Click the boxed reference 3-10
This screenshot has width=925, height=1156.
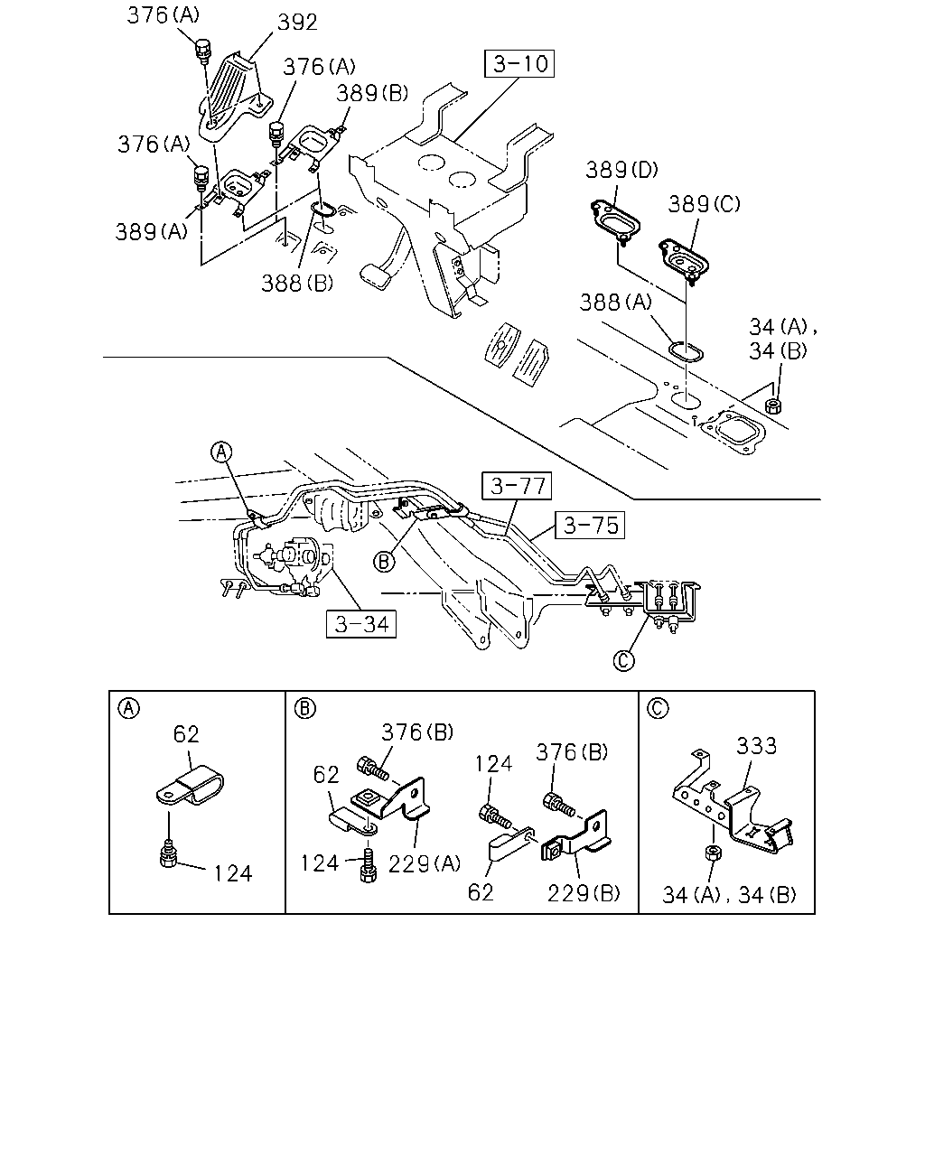click(x=519, y=64)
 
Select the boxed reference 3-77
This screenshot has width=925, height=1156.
click(x=517, y=486)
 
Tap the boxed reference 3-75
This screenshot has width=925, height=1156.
click(x=590, y=525)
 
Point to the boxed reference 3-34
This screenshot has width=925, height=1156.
click(x=361, y=624)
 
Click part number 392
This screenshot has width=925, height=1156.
click(x=297, y=23)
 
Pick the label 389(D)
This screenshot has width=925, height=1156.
click(x=621, y=171)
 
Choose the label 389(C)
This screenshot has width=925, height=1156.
click(x=704, y=204)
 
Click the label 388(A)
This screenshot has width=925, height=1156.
click(x=615, y=303)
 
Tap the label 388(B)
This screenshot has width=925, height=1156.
click(x=297, y=283)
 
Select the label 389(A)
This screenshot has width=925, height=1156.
click(x=151, y=231)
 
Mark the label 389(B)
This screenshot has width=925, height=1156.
click(x=372, y=93)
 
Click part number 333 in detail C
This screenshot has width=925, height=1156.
click(x=756, y=746)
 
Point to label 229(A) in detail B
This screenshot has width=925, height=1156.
click(x=424, y=864)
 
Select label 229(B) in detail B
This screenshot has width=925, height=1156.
click(x=584, y=893)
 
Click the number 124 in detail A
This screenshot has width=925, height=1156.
click(x=233, y=874)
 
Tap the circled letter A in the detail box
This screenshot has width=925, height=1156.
click(x=128, y=709)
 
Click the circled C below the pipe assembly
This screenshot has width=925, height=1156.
click(x=623, y=660)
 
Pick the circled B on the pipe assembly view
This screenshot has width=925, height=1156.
click(x=384, y=562)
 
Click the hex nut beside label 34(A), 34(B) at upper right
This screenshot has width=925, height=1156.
click(x=772, y=406)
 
